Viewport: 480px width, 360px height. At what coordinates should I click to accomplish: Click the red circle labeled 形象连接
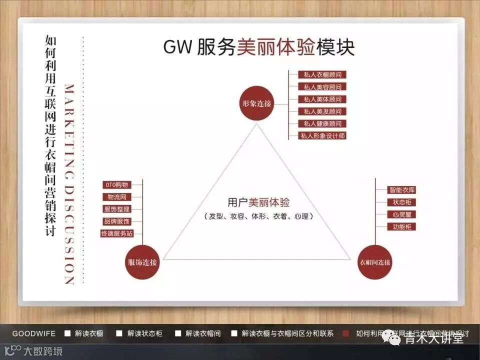coord(255,103)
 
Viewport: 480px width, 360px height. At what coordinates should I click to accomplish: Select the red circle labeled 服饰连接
coord(142,262)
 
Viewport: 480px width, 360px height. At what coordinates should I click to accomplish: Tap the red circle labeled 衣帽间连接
coord(375,262)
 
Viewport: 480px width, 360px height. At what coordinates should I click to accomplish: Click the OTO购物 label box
coord(115,185)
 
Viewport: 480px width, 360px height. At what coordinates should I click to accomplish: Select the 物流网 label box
coord(116,197)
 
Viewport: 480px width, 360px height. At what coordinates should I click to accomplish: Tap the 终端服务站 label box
coord(117,233)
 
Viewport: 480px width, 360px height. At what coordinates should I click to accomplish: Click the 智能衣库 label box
coord(402,190)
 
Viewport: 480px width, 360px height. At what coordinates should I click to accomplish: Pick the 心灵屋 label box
coord(402,214)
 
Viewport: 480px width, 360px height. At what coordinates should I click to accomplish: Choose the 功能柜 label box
coord(402,226)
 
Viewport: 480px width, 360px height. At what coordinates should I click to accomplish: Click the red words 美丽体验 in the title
coord(275,47)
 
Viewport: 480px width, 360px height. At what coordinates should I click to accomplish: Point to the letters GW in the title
coord(176,47)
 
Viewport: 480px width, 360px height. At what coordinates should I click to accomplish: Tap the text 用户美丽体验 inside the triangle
coord(258,202)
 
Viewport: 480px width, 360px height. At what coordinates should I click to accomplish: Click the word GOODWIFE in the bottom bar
coord(34,333)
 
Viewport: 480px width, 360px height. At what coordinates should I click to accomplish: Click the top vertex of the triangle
coord(257,123)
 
